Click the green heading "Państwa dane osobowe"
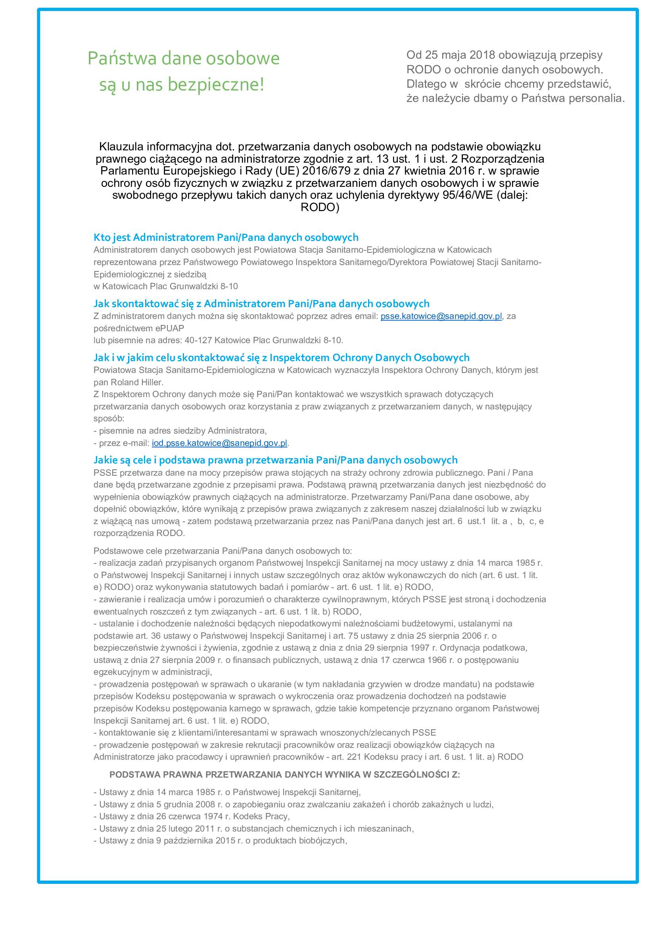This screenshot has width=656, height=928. [183, 58]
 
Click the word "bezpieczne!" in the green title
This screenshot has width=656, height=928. [216, 85]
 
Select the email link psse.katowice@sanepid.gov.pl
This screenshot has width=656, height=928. [441, 316]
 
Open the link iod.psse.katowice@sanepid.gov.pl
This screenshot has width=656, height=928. [219, 443]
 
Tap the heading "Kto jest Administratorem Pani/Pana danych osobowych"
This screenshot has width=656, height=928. [226, 237]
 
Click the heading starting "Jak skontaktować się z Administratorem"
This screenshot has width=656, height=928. [261, 304]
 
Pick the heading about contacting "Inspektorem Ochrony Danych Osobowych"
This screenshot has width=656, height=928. [281, 358]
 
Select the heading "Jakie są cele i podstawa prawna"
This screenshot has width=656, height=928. [276, 460]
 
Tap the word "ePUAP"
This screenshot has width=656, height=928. [170, 328]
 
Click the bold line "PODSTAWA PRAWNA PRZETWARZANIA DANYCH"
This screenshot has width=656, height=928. [284, 774]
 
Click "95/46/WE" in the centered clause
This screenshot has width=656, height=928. [468, 195]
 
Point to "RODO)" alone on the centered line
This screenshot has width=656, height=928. [320, 208]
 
